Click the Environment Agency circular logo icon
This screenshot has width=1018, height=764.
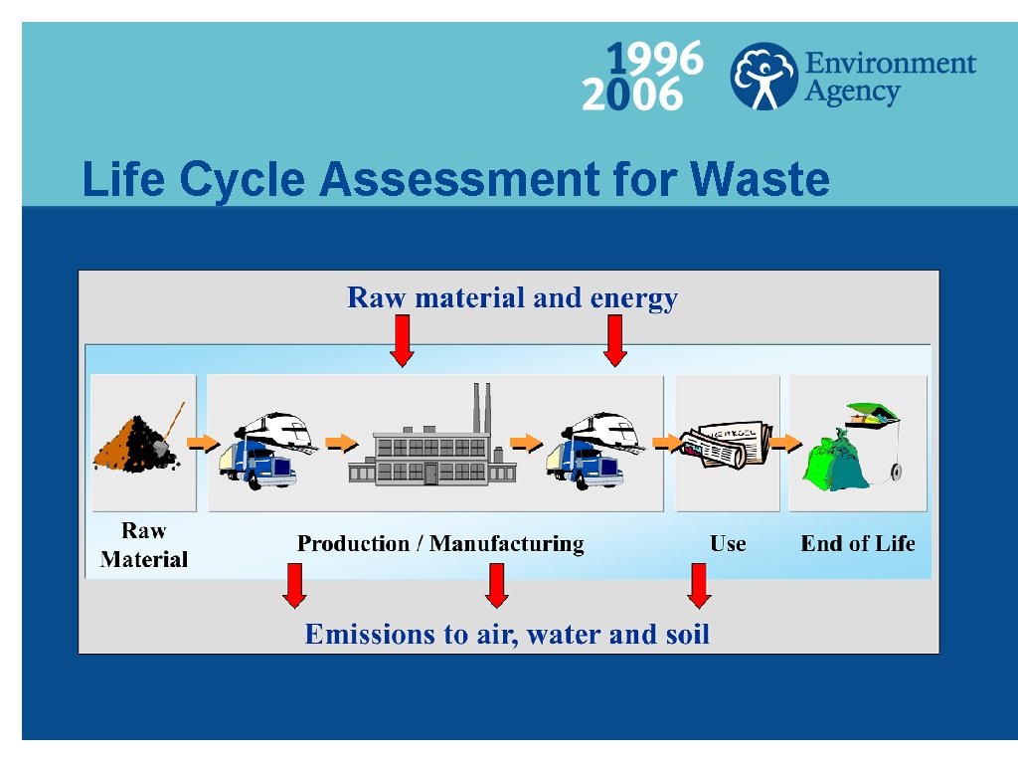point(763,76)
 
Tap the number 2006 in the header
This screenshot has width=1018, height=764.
point(632,96)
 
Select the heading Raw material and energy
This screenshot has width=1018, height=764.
point(512,297)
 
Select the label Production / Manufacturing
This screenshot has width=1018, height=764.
point(440,544)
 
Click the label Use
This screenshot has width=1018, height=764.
point(728,544)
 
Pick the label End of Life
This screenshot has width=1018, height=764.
point(858,544)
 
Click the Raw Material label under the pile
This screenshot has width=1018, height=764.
point(144,545)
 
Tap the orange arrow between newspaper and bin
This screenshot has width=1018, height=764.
point(785,442)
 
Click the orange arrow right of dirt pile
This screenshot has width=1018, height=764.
point(203,442)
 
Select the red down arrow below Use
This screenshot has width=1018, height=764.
point(699,585)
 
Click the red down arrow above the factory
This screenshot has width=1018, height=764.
point(402,340)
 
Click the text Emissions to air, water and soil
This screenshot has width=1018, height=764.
point(507,634)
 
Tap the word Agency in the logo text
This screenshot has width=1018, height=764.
point(852,93)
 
